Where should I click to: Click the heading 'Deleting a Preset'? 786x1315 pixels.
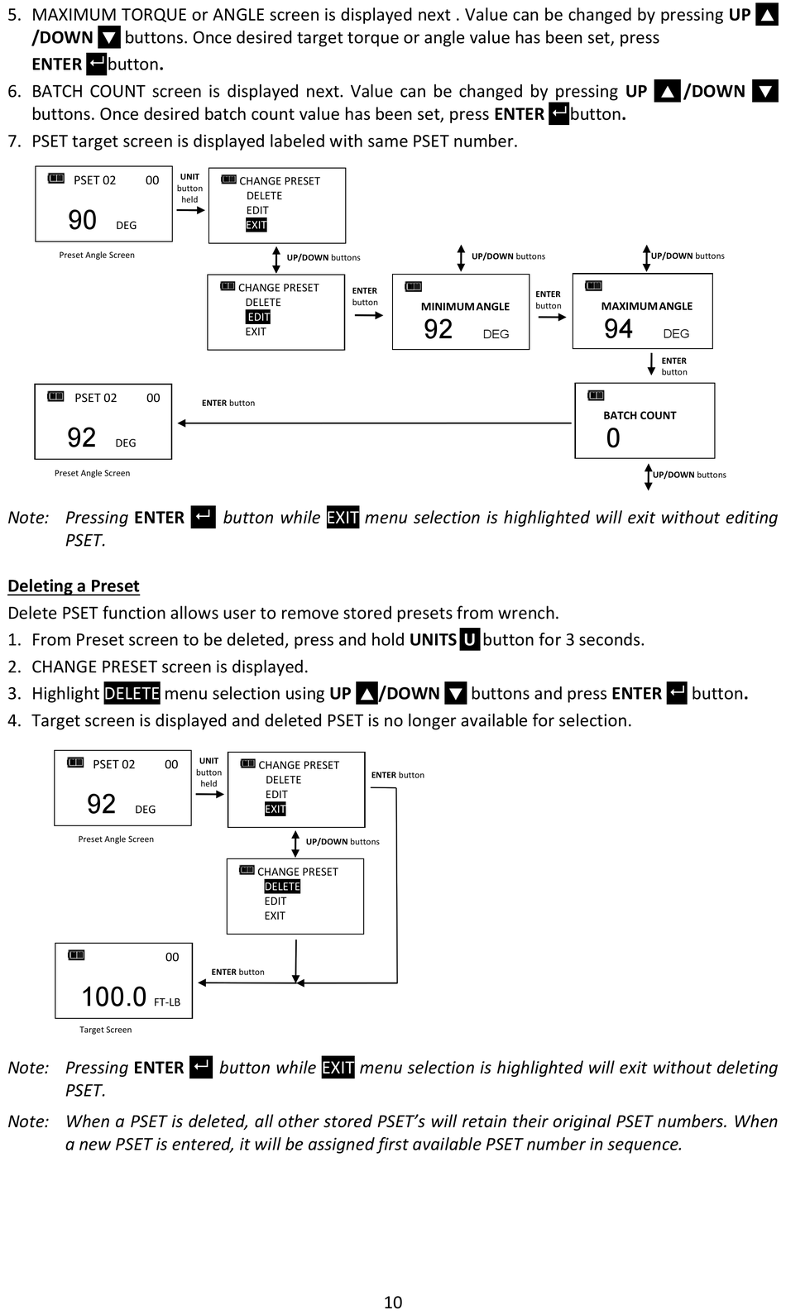[x=74, y=586]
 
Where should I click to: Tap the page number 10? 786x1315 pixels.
[x=393, y=1302]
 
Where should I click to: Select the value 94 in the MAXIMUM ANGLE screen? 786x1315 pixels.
[x=619, y=329]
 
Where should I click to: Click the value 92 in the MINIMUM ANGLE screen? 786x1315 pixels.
[x=439, y=329]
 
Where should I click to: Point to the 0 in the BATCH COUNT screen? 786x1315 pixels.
[x=613, y=438]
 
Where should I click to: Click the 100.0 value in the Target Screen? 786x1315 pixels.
[x=114, y=997]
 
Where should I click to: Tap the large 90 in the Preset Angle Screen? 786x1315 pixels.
[x=82, y=220]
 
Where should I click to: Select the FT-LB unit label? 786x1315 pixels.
[x=167, y=1002]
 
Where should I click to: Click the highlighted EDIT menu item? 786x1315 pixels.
[x=258, y=317]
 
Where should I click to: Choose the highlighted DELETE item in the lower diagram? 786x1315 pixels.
[x=282, y=887]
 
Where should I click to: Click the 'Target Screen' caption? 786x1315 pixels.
[x=106, y=1030]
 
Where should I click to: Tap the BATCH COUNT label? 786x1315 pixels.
[x=640, y=416]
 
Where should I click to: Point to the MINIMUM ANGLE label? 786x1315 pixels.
[x=465, y=307]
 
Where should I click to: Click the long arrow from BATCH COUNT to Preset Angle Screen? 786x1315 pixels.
[x=374, y=423]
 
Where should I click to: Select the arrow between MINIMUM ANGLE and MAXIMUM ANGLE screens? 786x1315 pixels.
[x=552, y=317]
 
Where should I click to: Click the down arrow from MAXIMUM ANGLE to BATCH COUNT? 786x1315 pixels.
[x=651, y=364]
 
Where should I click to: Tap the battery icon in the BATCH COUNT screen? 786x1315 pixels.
[x=596, y=395]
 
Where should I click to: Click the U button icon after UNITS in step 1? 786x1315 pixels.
[x=469, y=639]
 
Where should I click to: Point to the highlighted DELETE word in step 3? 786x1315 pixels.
[x=132, y=693]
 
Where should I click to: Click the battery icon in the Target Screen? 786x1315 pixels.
[x=76, y=955]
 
